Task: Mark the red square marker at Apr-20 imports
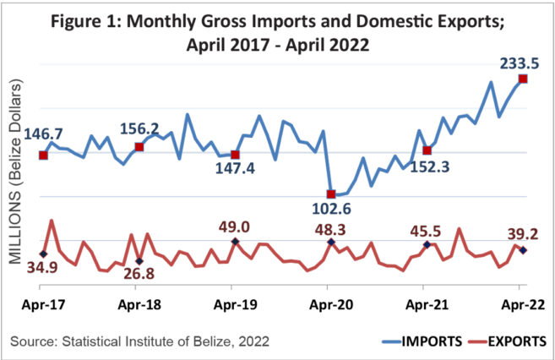[331, 194]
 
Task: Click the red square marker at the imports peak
[523, 79]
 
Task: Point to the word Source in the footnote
[31, 341]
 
